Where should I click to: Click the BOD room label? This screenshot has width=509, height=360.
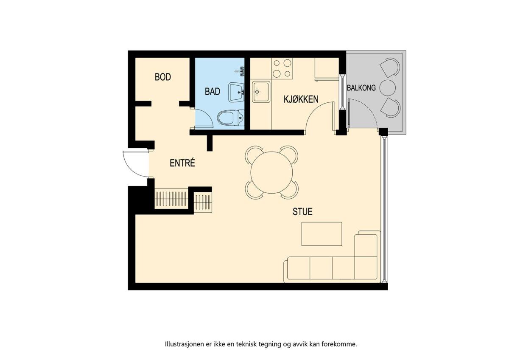(163, 77)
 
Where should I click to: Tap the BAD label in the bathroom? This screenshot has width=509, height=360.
(213, 91)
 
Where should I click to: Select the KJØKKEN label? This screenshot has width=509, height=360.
(301, 99)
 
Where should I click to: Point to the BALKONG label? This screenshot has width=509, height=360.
(361, 88)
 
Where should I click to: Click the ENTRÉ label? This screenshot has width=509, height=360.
(182, 163)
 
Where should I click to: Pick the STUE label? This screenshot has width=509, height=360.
(302, 211)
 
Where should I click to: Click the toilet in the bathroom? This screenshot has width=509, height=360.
(231, 118)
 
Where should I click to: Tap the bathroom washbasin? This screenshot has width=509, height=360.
(236, 92)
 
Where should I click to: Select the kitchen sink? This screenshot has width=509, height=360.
(261, 92)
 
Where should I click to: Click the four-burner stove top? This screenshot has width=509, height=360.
(282, 68)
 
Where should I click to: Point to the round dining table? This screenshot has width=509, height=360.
(271, 173)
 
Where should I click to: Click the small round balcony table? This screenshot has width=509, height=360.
(388, 88)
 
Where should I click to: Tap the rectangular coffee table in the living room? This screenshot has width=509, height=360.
(322, 234)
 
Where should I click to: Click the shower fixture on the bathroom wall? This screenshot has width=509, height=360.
(241, 71)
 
